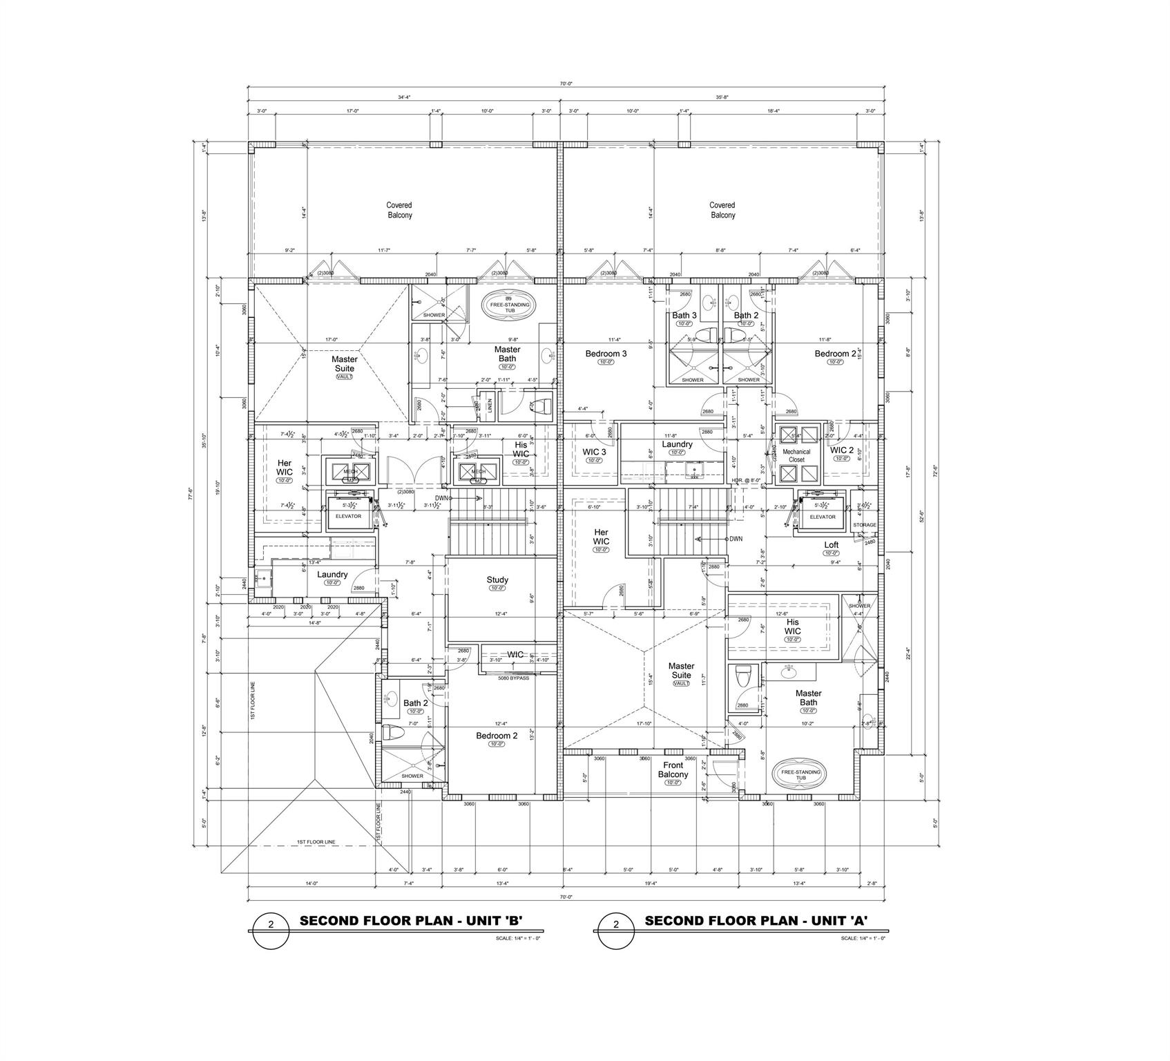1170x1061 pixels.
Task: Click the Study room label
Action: coord(497,580)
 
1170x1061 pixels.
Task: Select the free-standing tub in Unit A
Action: coord(800,774)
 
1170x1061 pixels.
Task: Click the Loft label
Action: coord(831,545)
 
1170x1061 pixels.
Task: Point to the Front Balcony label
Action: coord(673,770)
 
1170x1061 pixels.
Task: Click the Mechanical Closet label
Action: coord(797,455)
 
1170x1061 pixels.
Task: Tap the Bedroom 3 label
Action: coord(606,354)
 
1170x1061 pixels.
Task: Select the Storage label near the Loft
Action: coord(864,525)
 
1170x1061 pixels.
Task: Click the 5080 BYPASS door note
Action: coord(513,678)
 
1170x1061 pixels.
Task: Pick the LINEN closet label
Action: coord(490,406)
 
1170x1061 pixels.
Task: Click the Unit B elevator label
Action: coord(348,516)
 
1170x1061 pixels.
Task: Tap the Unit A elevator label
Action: coord(822,517)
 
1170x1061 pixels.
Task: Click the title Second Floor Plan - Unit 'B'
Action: coord(410,921)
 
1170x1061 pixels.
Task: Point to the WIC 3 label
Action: coord(594,452)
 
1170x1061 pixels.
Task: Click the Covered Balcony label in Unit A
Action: coord(722,210)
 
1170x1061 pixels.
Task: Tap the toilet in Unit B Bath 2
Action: coord(392,733)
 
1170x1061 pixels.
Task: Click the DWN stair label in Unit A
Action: coord(736,539)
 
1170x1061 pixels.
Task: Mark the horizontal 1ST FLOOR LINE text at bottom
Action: coord(316,842)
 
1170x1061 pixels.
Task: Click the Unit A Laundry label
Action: coord(677,445)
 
